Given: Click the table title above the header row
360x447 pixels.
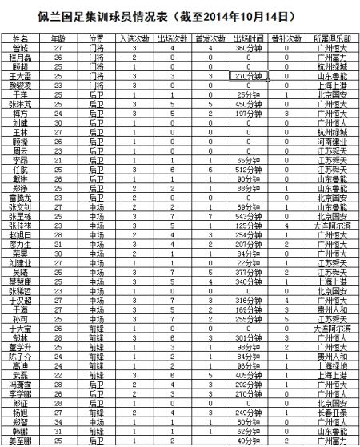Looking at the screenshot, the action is tap(180, 14).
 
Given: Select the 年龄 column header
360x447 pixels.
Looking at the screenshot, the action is tap(58, 38).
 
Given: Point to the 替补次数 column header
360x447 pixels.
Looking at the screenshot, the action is tap(287, 38).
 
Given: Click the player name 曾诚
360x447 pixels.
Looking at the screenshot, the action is tap(21, 48).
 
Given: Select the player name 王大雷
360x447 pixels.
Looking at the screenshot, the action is tap(21, 74).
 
